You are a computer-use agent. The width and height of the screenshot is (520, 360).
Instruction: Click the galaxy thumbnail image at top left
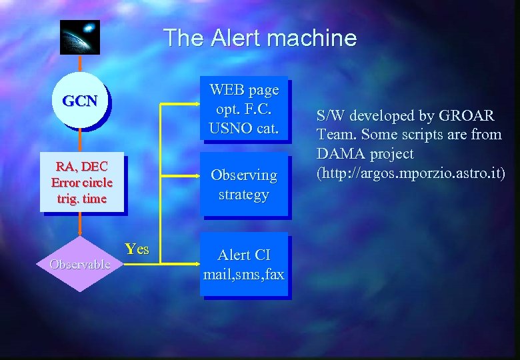click(x=79, y=37)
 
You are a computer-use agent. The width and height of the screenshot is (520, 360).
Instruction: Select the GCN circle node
click(x=79, y=101)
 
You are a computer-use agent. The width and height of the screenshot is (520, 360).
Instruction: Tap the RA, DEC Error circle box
click(x=82, y=182)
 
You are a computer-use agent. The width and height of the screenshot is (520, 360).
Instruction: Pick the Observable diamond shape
click(x=80, y=264)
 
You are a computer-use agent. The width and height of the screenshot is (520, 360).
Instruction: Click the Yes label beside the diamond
click(x=137, y=249)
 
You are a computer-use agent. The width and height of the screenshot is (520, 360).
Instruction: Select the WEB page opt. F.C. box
click(x=244, y=108)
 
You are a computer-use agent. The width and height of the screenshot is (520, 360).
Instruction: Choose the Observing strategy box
click(x=244, y=185)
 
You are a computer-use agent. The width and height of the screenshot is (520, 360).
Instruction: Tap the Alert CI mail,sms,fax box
click(x=244, y=264)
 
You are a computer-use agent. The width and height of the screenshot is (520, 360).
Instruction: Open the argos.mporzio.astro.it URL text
click(x=411, y=173)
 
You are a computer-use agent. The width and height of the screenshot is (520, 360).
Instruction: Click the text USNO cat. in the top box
click(x=244, y=127)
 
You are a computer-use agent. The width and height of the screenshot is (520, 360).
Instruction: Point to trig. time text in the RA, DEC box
click(x=82, y=199)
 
